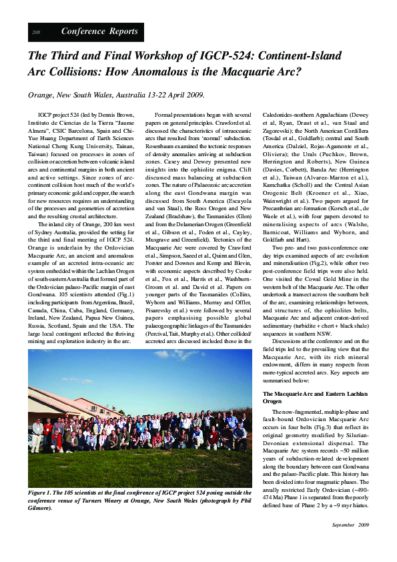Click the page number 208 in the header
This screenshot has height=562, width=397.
click(x=36, y=32)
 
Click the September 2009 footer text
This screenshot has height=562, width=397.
click(x=350, y=525)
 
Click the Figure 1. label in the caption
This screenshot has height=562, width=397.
click(x=43, y=492)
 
